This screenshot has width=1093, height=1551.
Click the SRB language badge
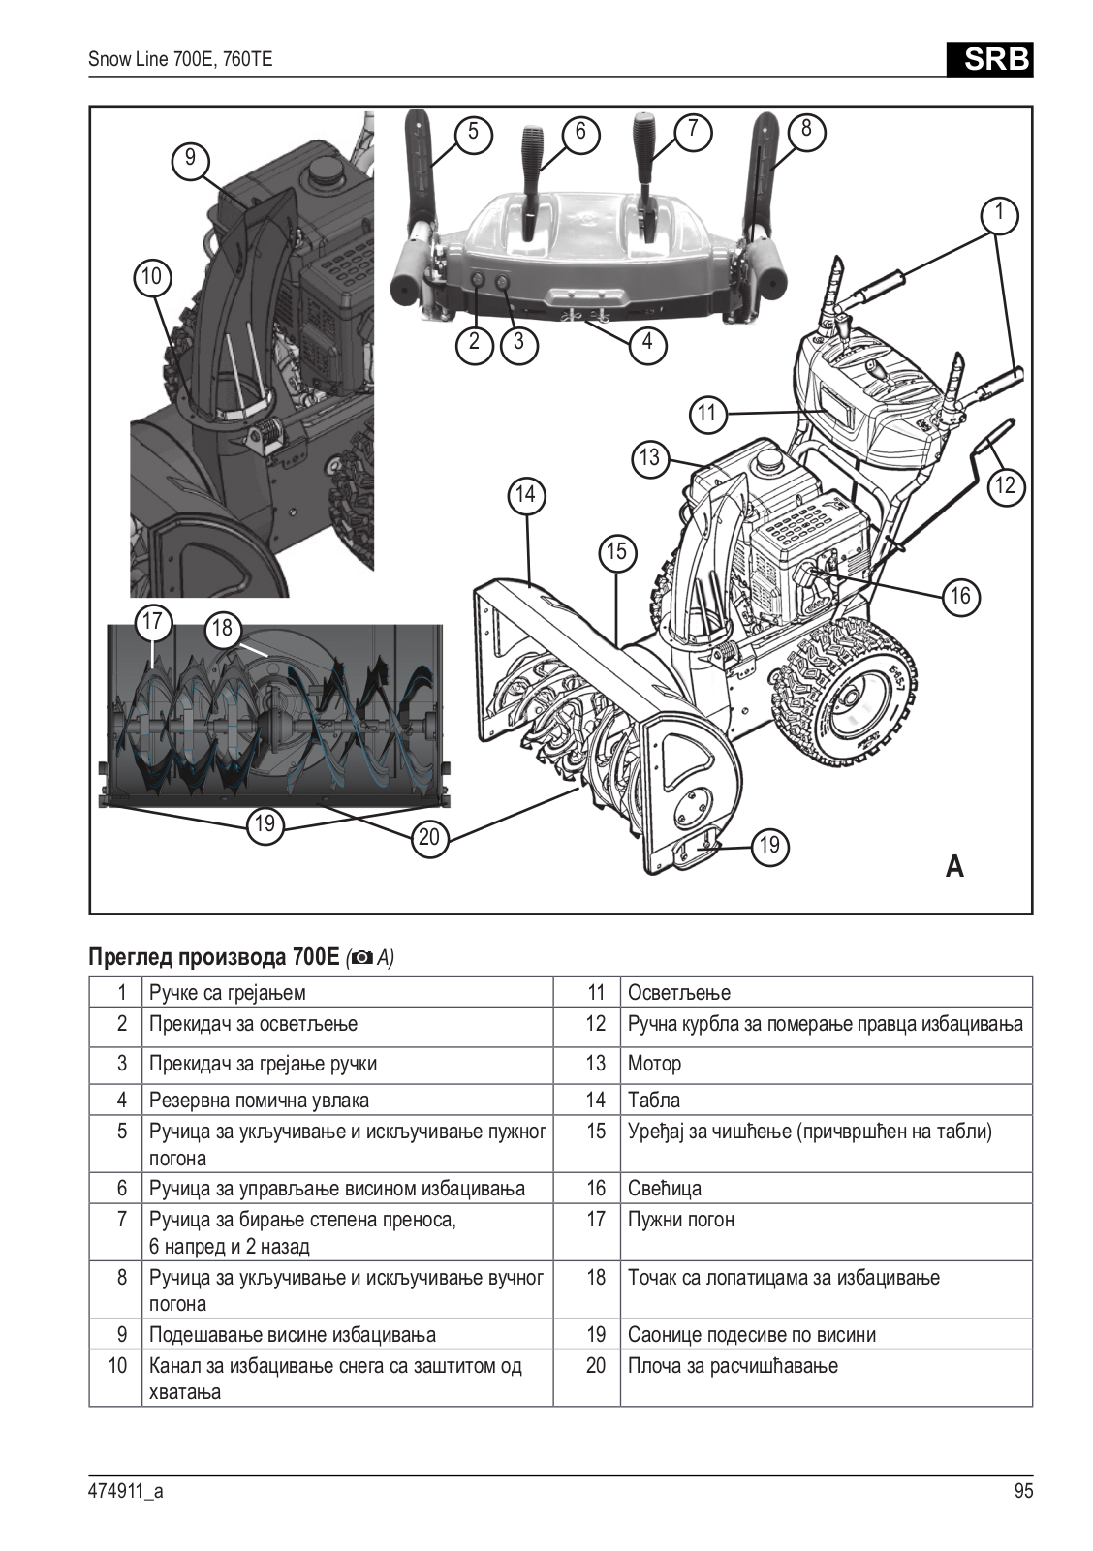tap(988, 60)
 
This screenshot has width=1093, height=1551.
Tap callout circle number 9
tap(190, 158)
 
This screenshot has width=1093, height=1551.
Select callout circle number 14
tap(525, 495)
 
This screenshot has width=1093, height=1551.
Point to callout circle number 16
tap(959, 596)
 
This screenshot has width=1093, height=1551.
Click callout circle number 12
tap(1005, 484)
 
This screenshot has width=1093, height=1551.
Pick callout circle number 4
tap(647, 342)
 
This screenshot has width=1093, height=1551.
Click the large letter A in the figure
tap(954, 866)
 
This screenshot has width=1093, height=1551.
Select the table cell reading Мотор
tap(655, 1064)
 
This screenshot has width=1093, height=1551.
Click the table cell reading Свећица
tap(665, 1189)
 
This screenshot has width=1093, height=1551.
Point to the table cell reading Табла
tap(654, 1101)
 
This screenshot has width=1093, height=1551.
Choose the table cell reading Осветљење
tap(679, 993)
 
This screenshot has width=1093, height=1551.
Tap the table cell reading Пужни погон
tap(681, 1220)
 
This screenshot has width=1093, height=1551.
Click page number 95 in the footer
tap(1023, 1491)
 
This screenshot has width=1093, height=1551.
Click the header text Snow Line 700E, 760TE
tap(180, 60)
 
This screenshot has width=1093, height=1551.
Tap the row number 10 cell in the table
tap(117, 1366)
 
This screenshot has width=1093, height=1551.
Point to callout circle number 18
tap(222, 628)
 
